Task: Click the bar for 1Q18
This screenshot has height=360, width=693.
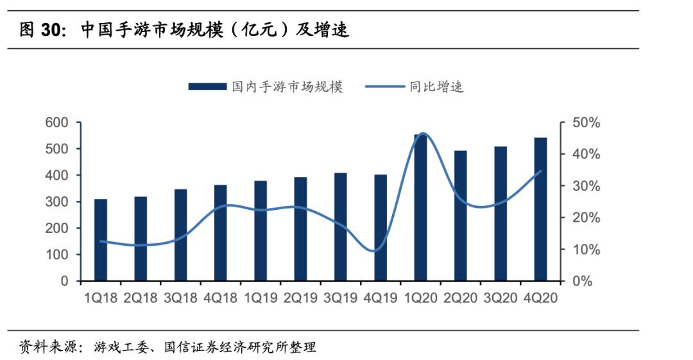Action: (x=101, y=240)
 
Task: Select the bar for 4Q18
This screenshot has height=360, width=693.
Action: (x=220, y=233)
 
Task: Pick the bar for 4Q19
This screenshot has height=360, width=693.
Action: (x=381, y=228)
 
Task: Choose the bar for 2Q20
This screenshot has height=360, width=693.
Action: (x=461, y=216)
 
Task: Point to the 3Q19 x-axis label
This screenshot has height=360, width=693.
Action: (x=341, y=298)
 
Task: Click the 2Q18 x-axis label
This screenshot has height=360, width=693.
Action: (x=141, y=298)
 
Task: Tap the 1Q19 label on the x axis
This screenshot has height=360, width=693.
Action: (x=261, y=298)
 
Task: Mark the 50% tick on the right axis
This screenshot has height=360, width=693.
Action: (x=586, y=123)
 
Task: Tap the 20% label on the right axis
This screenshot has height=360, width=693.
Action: (x=586, y=218)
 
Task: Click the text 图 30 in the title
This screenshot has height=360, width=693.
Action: (x=42, y=30)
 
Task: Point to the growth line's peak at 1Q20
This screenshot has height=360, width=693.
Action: (x=422, y=134)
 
